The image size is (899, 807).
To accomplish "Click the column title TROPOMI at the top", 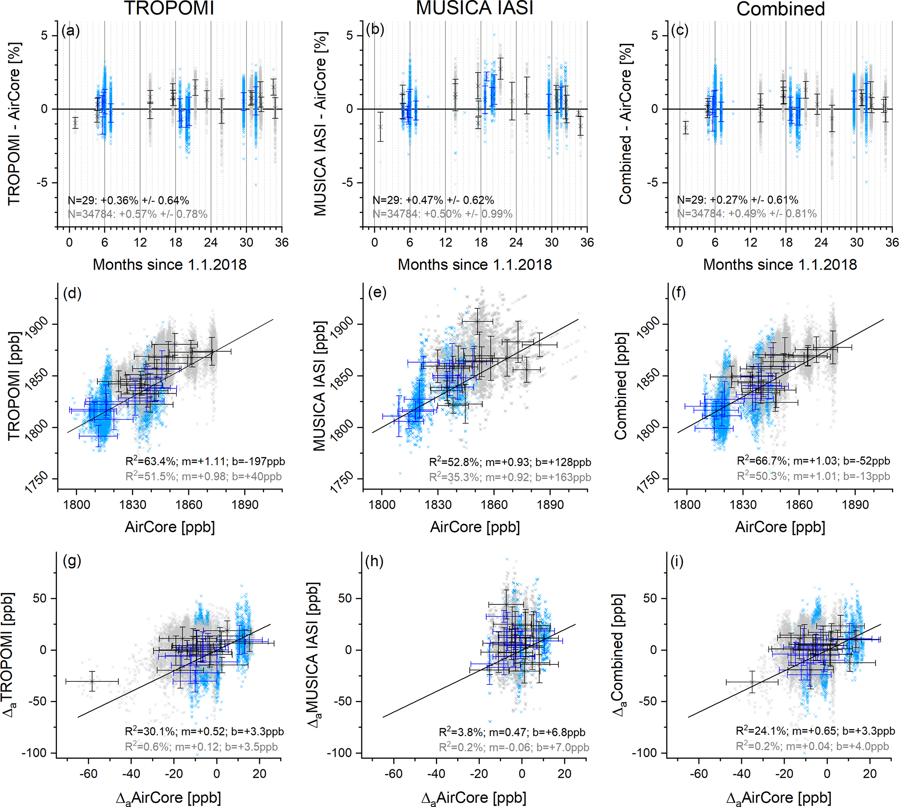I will coord(169,8).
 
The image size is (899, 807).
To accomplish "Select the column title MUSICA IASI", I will coord(474,8).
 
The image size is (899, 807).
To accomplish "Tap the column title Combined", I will coord(780,9).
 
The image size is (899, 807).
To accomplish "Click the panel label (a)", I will coord(70,30).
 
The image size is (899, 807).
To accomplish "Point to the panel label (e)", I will coord(377,293).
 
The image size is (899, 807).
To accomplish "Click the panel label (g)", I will coord(72,561).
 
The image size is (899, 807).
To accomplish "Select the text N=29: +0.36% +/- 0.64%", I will coord(129,200).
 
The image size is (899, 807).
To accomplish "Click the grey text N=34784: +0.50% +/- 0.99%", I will coord(442,214).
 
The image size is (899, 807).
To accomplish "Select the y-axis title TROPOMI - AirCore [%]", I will coord(14,123).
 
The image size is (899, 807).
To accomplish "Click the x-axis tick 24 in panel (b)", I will coord(516,243).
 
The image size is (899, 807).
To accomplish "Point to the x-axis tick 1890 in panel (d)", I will coord(245,505).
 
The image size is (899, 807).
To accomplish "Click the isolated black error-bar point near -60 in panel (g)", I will coord(92,681).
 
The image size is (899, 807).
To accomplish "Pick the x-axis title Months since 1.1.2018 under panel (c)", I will coord(780,265).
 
